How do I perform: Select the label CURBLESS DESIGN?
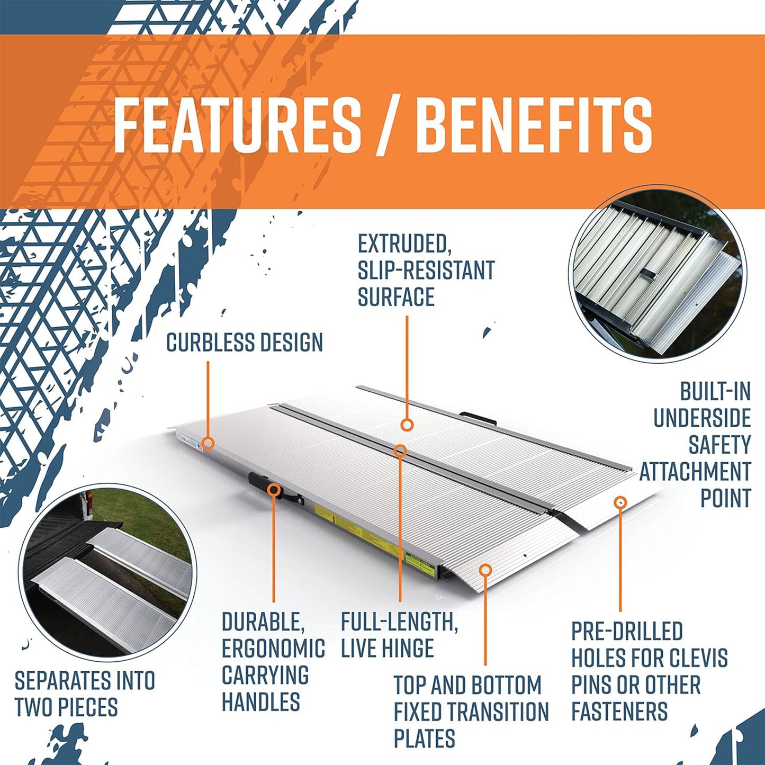pos(244,343)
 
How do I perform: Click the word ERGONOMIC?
pos(273,648)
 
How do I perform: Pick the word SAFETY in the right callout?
pos(719,445)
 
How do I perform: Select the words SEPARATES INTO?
pos(85,681)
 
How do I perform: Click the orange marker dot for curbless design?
pos(208,443)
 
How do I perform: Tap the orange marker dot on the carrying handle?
pos(274,490)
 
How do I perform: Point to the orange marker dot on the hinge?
pos(400,451)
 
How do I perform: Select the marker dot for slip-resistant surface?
pos(407,425)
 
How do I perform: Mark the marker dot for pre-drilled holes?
pos(620,502)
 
